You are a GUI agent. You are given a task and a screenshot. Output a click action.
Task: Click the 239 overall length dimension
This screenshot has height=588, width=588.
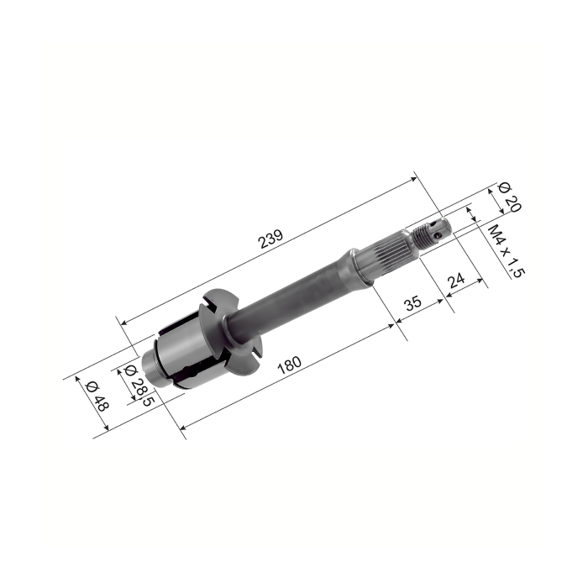pyautogui.click(x=271, y=239)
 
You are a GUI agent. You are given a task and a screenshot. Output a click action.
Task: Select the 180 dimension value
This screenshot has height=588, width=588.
pyautogui.click(x=289, y=365)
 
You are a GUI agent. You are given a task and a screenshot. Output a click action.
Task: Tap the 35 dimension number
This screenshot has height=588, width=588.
pyautogui.click(x=413, y=302)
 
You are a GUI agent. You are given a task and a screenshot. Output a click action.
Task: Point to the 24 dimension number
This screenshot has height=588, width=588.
pyautogui.click(x=456, y=279)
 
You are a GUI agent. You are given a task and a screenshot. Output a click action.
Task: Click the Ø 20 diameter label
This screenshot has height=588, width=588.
pyautogui.click(x=510, y=197)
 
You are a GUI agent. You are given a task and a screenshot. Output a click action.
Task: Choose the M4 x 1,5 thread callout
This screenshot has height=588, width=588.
pyautogui.click(x=506, y=251)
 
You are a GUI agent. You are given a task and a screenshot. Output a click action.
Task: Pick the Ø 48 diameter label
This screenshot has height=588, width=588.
pyautogui.click(x=97, y=396)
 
